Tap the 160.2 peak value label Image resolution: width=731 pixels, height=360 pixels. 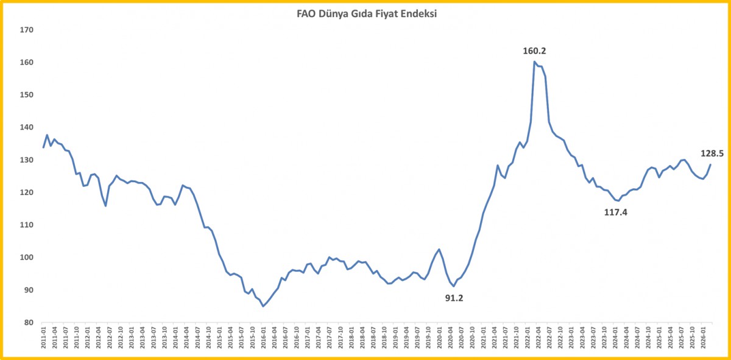(x=535, y=51)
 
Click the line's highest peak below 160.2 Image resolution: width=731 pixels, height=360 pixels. (x=534, y=62)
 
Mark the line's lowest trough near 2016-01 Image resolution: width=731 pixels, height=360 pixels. (x=263, y=306)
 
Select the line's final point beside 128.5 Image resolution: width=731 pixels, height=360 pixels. (x=710, y=164)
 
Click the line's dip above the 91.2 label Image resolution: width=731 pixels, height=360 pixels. (x=454, y=286)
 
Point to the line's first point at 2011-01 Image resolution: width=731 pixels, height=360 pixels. (x=43, y=147)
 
